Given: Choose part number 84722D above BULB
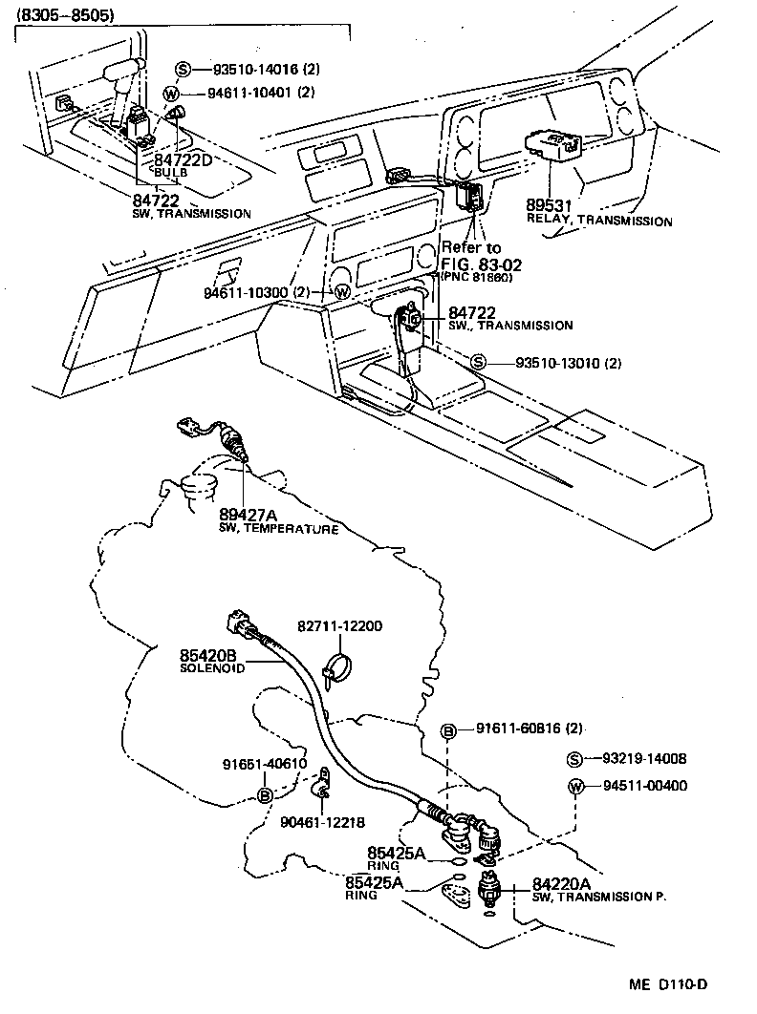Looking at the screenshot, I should tap(183, 159).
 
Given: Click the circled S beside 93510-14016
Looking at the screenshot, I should tap(184, 70).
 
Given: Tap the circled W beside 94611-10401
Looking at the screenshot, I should tap(171, 93).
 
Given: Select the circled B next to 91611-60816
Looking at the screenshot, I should tap(447, 730).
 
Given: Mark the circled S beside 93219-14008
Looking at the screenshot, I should tap(574, 760).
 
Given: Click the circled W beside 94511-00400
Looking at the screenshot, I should tap(574, 787).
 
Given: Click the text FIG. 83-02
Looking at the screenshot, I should tap(477, 264).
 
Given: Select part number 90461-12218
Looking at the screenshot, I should tap(323, 821).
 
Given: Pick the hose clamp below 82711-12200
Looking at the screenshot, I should tap(334, 666).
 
